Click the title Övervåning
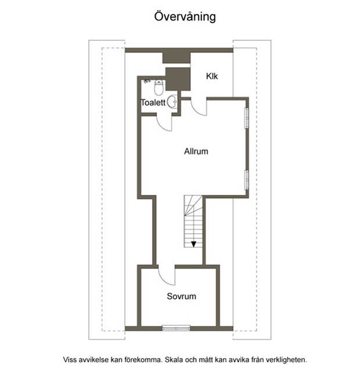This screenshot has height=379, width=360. (185, 17)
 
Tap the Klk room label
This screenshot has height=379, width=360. (212, 76)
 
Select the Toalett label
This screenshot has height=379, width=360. (153, 102)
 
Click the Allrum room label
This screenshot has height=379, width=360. (196, 151)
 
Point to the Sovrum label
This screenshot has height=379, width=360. (181, 296)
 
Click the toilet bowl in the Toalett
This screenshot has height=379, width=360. (159, 88)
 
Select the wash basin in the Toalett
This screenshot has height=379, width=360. (172, 102)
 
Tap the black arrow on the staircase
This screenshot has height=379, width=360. (193, 244)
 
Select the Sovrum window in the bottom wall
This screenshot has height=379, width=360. (176, 328)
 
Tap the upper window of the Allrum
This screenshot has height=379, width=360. (247, 118)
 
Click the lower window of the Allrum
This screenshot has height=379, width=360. (247, 180)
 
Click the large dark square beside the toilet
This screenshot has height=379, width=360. (178, 79)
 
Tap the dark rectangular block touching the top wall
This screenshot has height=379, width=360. (177, 58)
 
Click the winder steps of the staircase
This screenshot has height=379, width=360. (193, 205)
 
